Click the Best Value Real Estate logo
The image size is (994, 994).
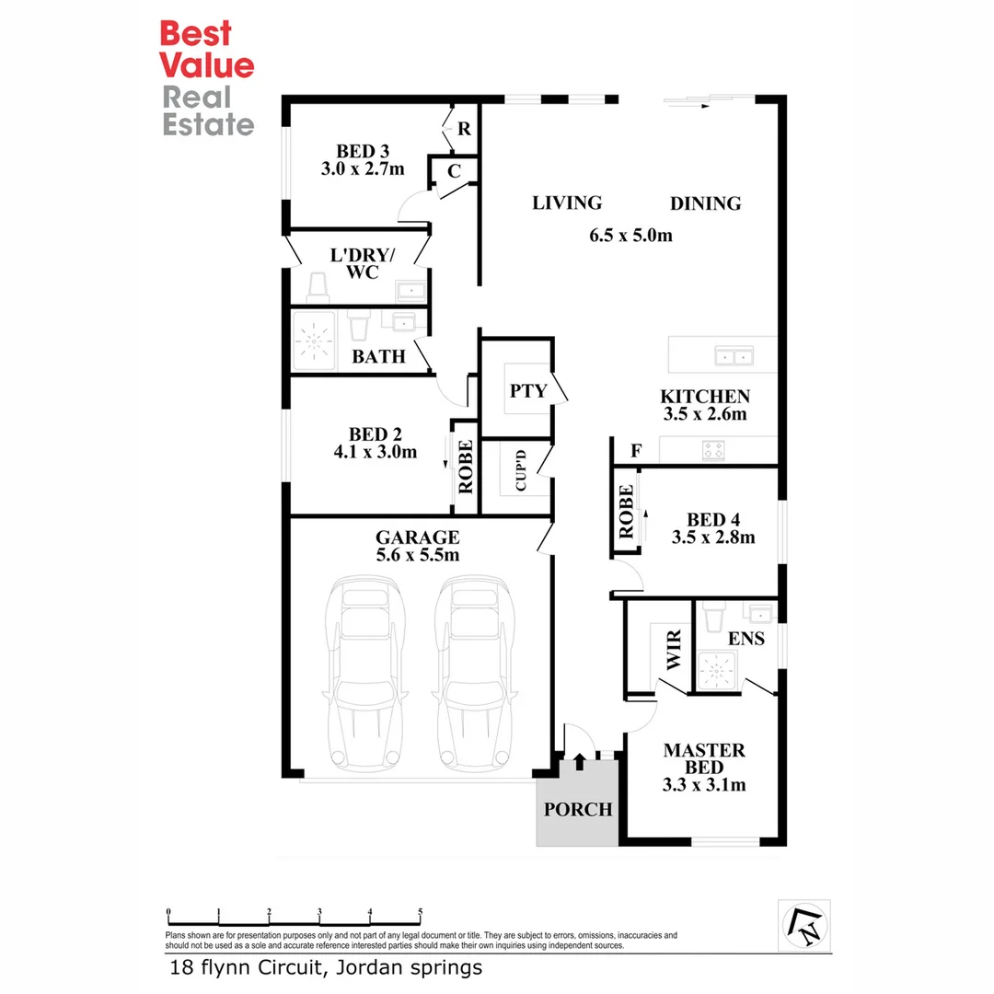tap(207, 78)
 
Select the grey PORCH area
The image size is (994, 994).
tap(577, 809)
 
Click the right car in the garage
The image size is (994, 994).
tap(474, 672)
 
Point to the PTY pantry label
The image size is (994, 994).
tap(528, 390)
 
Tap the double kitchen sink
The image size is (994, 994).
tap(734, 354)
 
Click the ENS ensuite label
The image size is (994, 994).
tap(745, 638)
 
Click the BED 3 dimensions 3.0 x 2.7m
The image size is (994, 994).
tap(363, 169)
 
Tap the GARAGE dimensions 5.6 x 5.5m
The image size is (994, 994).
tap(417, 555)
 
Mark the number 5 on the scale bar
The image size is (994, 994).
tap(420, 913)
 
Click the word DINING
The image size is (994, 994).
tap(705, 203)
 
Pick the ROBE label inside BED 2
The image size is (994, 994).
tap(465, 466)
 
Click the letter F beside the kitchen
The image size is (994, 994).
tap(636, 451)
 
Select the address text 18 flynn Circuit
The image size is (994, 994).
tap(248, 967)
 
